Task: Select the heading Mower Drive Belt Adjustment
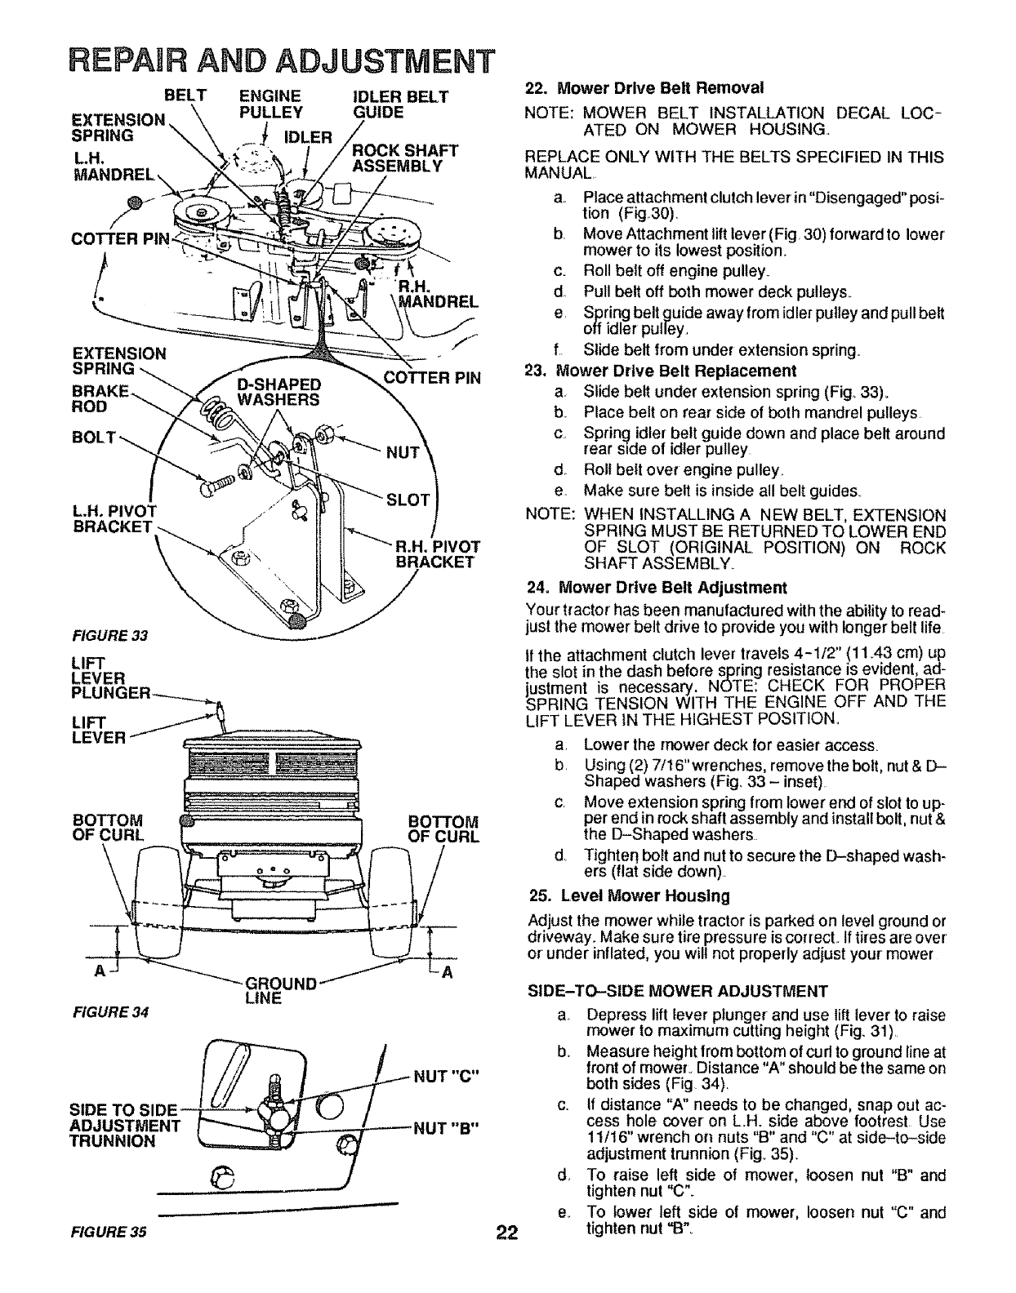coord(657,588)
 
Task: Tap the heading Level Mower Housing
coord(630,895)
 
